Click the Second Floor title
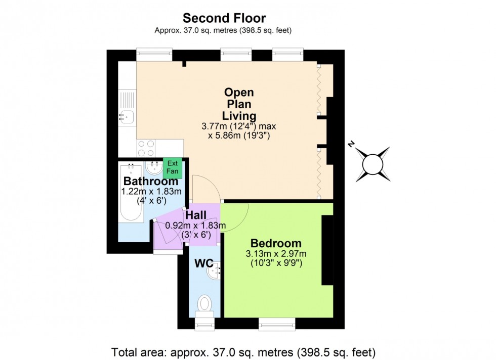pyautogui.click(x=224, y=18)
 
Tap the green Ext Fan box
pyautogui.click(x=173, y=167)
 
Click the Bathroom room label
pyautogui.click(x=151, y=181)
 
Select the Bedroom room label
pyautogui.click(x=276, y=243)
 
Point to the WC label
pyautogui.click(x=203, y=263)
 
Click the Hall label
pyautogui.click(x=196, y=215)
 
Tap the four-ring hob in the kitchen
pyautogui.click(x=146, y=148)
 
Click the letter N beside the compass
pyautogui.click(x=350, y=145)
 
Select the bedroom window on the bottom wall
pyautogui.click(x=277, y=324)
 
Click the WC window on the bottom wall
pyautogui.click(x=204, y=324)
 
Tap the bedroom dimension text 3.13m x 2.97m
pyautogui.click(x=276, y=254)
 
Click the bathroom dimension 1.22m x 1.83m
pyautogui.click(x=151, y=192)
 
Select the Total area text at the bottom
pyautogui.click(x=243, y=352)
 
